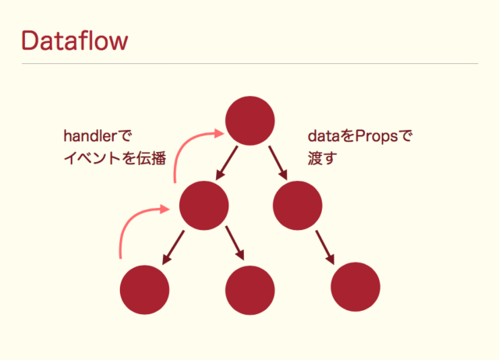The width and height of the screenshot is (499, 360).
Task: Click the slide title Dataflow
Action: pyautogui.click(x=74, y=40)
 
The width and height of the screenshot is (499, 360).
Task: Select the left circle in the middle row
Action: pyautogui.click(x=203, y=205)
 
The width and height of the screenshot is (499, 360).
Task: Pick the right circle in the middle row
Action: pyautogui.click(x=298, y=205)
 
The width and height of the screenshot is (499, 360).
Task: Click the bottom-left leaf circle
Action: pyautogui.click(x=144, y=289)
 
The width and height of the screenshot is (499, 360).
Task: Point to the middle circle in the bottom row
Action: pyautogui.click(x=249, y=289)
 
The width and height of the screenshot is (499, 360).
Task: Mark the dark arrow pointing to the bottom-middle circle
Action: pyautogui.click(x=235, y=245)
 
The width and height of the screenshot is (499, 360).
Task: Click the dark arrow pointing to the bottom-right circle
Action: pyautogui.click(x=325, y=248)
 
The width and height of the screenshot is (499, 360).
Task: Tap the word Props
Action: pyautogui.click(x=376, y=136)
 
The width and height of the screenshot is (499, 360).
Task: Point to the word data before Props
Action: pyautogui.click(x=323, y=136)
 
